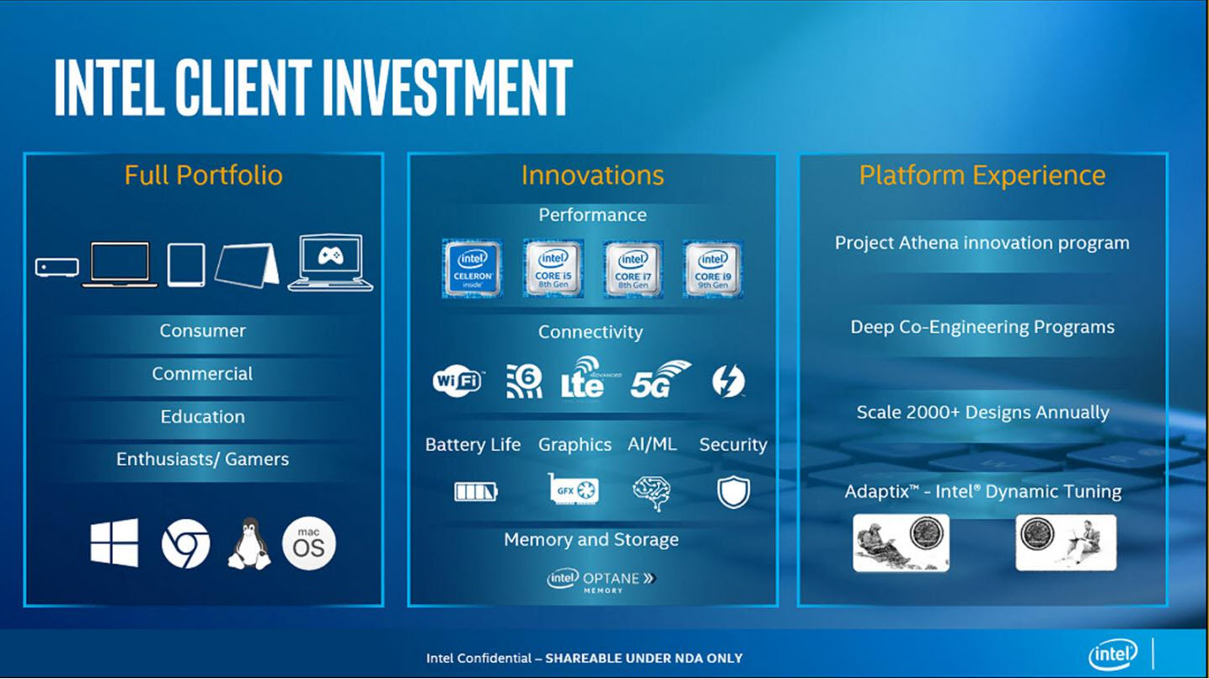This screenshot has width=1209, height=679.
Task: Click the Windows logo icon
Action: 115,543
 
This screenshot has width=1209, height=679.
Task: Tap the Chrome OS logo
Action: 185,544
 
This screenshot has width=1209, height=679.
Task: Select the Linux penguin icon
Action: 249,543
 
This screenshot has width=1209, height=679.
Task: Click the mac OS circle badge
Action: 309,543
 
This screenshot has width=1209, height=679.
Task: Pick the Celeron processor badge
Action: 472,269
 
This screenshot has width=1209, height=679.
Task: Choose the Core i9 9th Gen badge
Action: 713,269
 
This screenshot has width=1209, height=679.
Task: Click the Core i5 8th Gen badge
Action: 553,269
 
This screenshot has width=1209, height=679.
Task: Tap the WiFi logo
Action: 457,382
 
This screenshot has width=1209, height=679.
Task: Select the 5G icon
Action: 660,380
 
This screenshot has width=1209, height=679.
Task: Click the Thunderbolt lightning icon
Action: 728,381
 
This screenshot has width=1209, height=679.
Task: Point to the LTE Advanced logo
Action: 584,377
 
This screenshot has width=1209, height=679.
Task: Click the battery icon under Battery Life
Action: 476,491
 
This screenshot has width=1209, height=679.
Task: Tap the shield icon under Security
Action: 733,491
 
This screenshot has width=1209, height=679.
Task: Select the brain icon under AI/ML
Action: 651,491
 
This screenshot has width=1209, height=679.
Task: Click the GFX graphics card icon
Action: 574,489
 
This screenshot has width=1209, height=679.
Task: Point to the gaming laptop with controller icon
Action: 330,263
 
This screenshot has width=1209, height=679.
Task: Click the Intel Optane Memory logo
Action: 602,580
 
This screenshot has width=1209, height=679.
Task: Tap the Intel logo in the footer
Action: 1113,654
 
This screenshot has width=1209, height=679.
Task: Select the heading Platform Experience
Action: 982,175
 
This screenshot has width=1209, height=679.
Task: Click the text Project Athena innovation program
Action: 982,243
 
